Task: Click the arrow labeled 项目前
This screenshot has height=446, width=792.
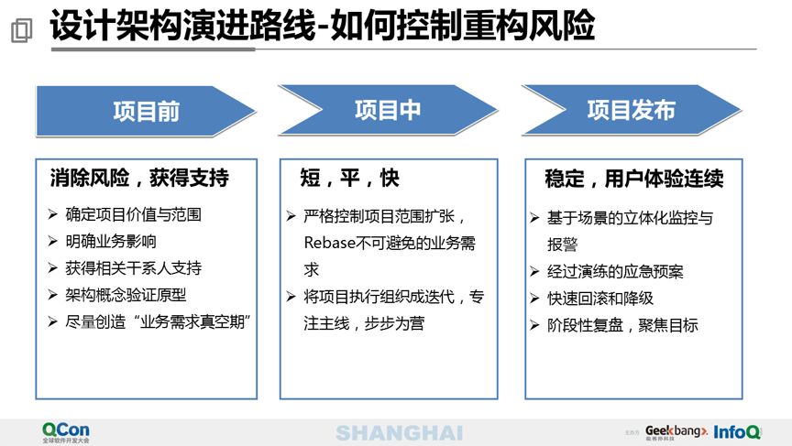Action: coord(146,111)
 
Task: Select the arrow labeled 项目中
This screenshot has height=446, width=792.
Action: coord(388,110)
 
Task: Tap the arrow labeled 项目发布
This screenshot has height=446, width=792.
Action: coord(631,110)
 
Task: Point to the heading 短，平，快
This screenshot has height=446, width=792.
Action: coord(350,178)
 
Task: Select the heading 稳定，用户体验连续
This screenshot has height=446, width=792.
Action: coord(633,178)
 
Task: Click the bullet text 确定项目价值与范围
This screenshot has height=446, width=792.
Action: coord(133,215)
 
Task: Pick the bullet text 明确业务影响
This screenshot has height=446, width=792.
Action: coord(111,242)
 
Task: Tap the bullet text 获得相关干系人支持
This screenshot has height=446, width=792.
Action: coord(133,268)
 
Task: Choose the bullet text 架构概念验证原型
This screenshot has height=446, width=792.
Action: coord(126,295)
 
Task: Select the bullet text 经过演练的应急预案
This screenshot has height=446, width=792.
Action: coord(615,271)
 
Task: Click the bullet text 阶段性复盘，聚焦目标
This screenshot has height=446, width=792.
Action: coord(622,324)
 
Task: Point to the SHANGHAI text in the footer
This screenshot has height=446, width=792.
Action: coord(399,432)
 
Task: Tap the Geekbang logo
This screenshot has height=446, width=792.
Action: coord(676,430)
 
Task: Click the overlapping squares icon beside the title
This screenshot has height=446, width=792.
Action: coord(21,30)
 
